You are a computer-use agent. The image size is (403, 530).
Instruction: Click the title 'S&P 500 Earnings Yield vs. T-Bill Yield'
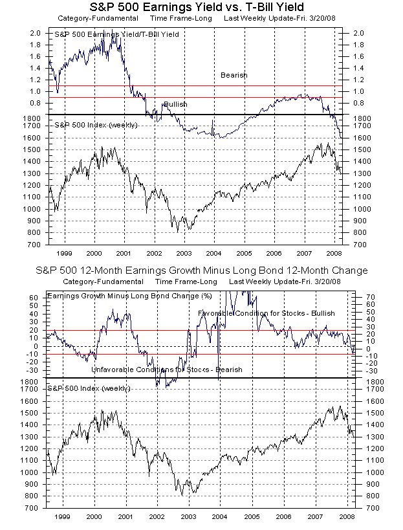click(201, 8)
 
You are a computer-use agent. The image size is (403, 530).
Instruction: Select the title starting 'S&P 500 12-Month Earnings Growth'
click(201, 269)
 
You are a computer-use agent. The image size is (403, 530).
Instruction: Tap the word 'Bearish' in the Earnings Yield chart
click(234, 75)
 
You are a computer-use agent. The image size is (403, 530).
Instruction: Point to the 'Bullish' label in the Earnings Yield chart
click(175, 104)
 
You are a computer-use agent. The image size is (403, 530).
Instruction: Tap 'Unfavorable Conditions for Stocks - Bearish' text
click(167, 370)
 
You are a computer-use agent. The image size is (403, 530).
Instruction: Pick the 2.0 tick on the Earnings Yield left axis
click(36, 32)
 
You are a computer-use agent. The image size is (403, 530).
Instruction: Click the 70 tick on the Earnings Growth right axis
click(364, 296)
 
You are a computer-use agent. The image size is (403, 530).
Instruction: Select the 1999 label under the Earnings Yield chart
click(64, 254)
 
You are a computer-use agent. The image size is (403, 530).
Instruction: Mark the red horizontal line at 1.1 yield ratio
click(194, 85)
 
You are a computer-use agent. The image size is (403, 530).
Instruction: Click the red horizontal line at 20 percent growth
click(194, 330)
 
